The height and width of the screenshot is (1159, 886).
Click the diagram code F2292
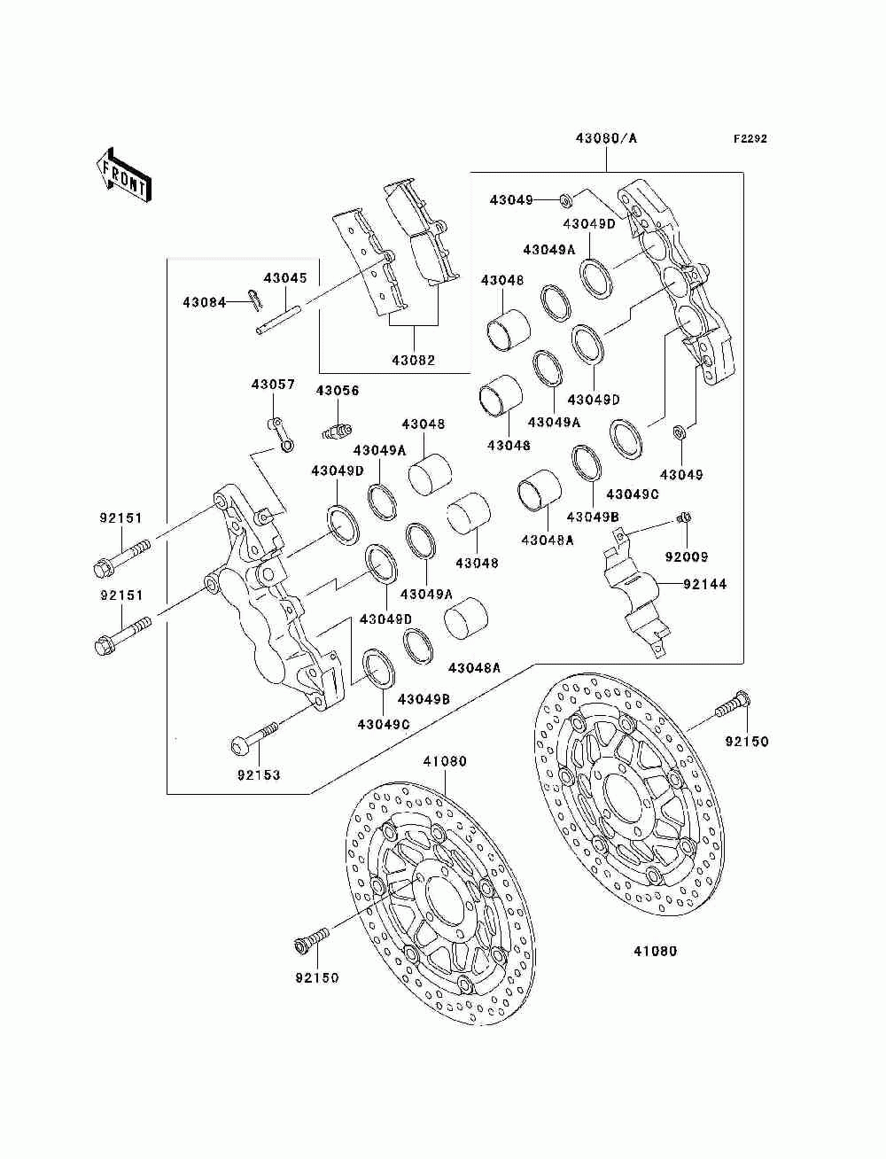(750, 139)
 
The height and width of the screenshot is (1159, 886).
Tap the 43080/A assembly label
(606, 138)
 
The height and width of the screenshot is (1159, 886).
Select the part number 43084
(205, 302)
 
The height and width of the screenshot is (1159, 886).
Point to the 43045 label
(285, 277)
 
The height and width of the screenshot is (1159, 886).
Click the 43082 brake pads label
(413, 360)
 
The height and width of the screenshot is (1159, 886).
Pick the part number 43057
(273, 385)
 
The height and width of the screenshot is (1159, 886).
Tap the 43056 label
(338, 391)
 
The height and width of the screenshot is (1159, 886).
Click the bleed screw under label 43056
(337, 431)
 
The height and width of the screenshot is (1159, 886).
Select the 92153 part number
(259, 775)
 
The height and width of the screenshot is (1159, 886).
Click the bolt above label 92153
(254, 738)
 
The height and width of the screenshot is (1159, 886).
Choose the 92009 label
(687, 556)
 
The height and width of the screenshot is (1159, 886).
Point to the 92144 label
(705, 584)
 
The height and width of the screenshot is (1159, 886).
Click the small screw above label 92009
(684, 518)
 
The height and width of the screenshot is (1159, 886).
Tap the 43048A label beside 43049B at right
(547, 540)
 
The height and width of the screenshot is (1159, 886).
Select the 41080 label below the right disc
(655, 951)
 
